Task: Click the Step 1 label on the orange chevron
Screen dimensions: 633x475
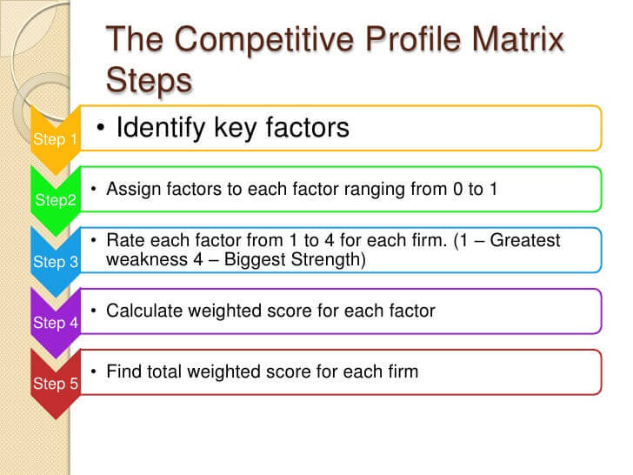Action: click(x=55, y=139)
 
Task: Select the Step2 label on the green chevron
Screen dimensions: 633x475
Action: click(x=56, y=200)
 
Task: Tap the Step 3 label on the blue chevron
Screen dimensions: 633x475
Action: click(x=56, y=262)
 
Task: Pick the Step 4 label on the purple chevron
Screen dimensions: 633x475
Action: click(x=56, y=323)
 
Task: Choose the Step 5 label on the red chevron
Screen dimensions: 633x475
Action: click(x=56, y=384)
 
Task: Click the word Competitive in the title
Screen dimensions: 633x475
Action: click(x=264, y=40)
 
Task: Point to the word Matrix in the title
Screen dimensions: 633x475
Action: click(x=518, y=39)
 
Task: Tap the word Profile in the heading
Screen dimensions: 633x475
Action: click(x=412, y=39)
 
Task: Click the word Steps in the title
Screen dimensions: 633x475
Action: click(x=149, y=82)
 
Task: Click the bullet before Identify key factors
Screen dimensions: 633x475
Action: click(x=101, y=128)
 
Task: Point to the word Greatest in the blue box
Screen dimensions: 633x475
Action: click(x=525, y=240)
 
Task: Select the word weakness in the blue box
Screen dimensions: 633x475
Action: click(x=147, y=259)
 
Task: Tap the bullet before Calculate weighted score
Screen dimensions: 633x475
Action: click(x=94, y=311)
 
